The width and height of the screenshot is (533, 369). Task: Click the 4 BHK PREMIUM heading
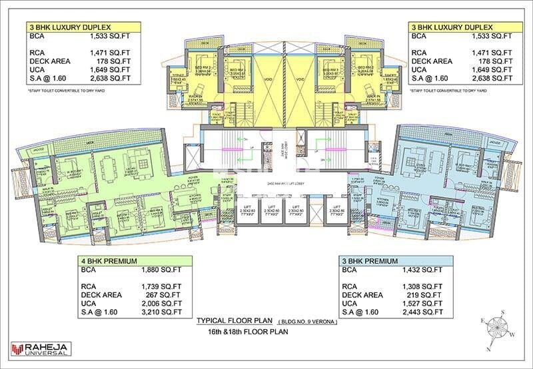click(x=111, y=261)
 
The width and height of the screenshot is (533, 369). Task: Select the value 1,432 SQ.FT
click(x=422, y=271)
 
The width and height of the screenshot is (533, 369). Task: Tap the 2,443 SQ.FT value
click(x=422, y=310)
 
